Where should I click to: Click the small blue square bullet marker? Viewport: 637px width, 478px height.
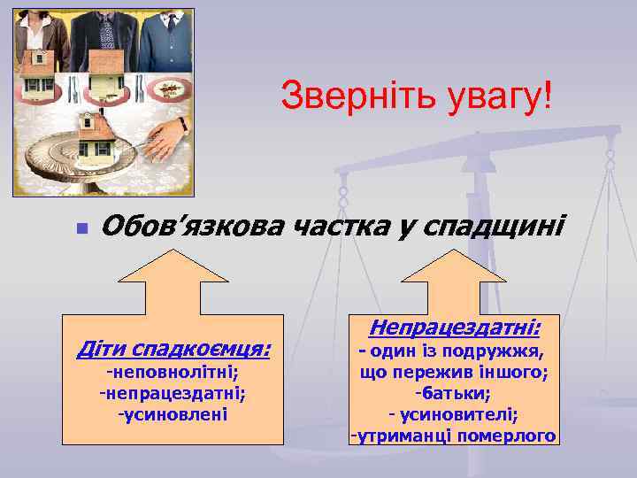(81, 228)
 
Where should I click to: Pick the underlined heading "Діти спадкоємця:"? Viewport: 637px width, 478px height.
(173, 348)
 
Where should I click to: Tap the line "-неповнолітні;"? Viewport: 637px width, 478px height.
(173, 373)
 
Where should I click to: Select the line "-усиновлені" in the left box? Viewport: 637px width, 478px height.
(173, 413)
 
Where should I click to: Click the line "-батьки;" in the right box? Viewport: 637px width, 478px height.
(454, 392)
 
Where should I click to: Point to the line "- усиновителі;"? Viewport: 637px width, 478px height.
(454, 413)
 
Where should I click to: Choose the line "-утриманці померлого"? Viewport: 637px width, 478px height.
(454, 436)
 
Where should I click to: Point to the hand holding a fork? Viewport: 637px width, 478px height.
(164, 136)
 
